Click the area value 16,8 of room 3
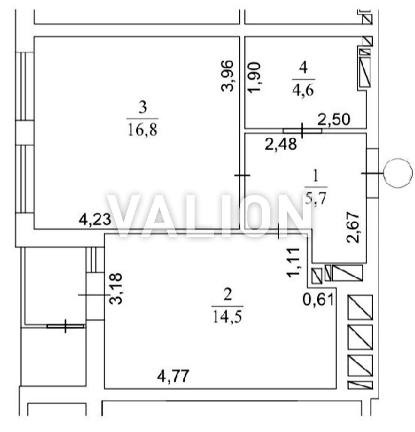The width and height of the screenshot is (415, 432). coord(142,130)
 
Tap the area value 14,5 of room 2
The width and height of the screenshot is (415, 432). coord(227,317)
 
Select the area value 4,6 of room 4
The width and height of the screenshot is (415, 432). coord(303,90)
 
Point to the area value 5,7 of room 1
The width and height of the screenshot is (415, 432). coord(316,198)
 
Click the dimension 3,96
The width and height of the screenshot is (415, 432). coord(228,76)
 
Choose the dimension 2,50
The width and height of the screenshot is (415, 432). coord(334,120)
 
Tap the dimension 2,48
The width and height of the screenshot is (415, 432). coord(281,144)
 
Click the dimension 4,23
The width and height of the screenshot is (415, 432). coord(95,220)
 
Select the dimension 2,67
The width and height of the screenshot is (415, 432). coord(353,227)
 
